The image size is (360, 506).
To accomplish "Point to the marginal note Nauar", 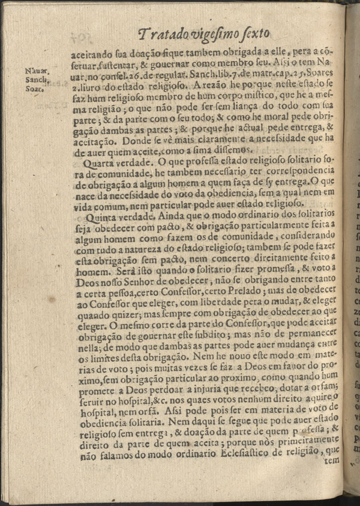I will tap(37, 70).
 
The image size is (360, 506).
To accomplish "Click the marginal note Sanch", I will tap(38, 79).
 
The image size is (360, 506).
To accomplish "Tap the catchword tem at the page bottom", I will tap(331, 460).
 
